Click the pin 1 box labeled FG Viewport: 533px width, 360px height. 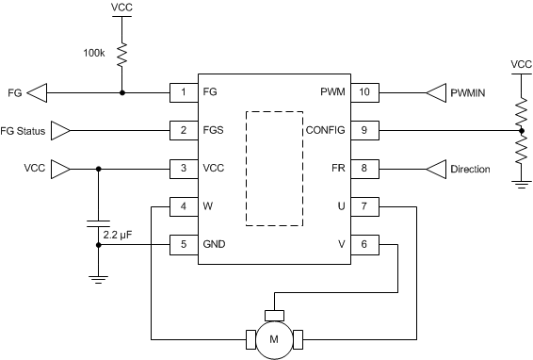click(x=183, y=92)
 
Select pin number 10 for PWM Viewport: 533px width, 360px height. click(x=366, y=92)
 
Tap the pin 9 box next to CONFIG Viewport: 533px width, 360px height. click(x=366, y=130)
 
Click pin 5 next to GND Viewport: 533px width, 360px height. click(x=183, y=243)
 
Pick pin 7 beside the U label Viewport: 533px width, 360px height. click(x=366, y=205)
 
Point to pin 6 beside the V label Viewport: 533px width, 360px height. click(x=366, y=243)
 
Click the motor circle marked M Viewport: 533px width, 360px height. click(x=274, y=337)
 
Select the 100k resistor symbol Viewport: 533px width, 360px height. click(x=121, y=56)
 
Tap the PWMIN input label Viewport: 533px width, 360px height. click(x=471, y=92)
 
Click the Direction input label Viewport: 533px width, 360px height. click(x=470, y=169)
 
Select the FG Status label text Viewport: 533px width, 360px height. click(x=23, y=130)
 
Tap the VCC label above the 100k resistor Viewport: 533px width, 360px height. click(x=121, y=8)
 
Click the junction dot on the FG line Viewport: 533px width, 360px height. click(x=121, y=92)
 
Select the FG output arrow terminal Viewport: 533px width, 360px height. click(x=36, y=92)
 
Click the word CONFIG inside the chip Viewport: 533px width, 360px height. click(x=325, y=130)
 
